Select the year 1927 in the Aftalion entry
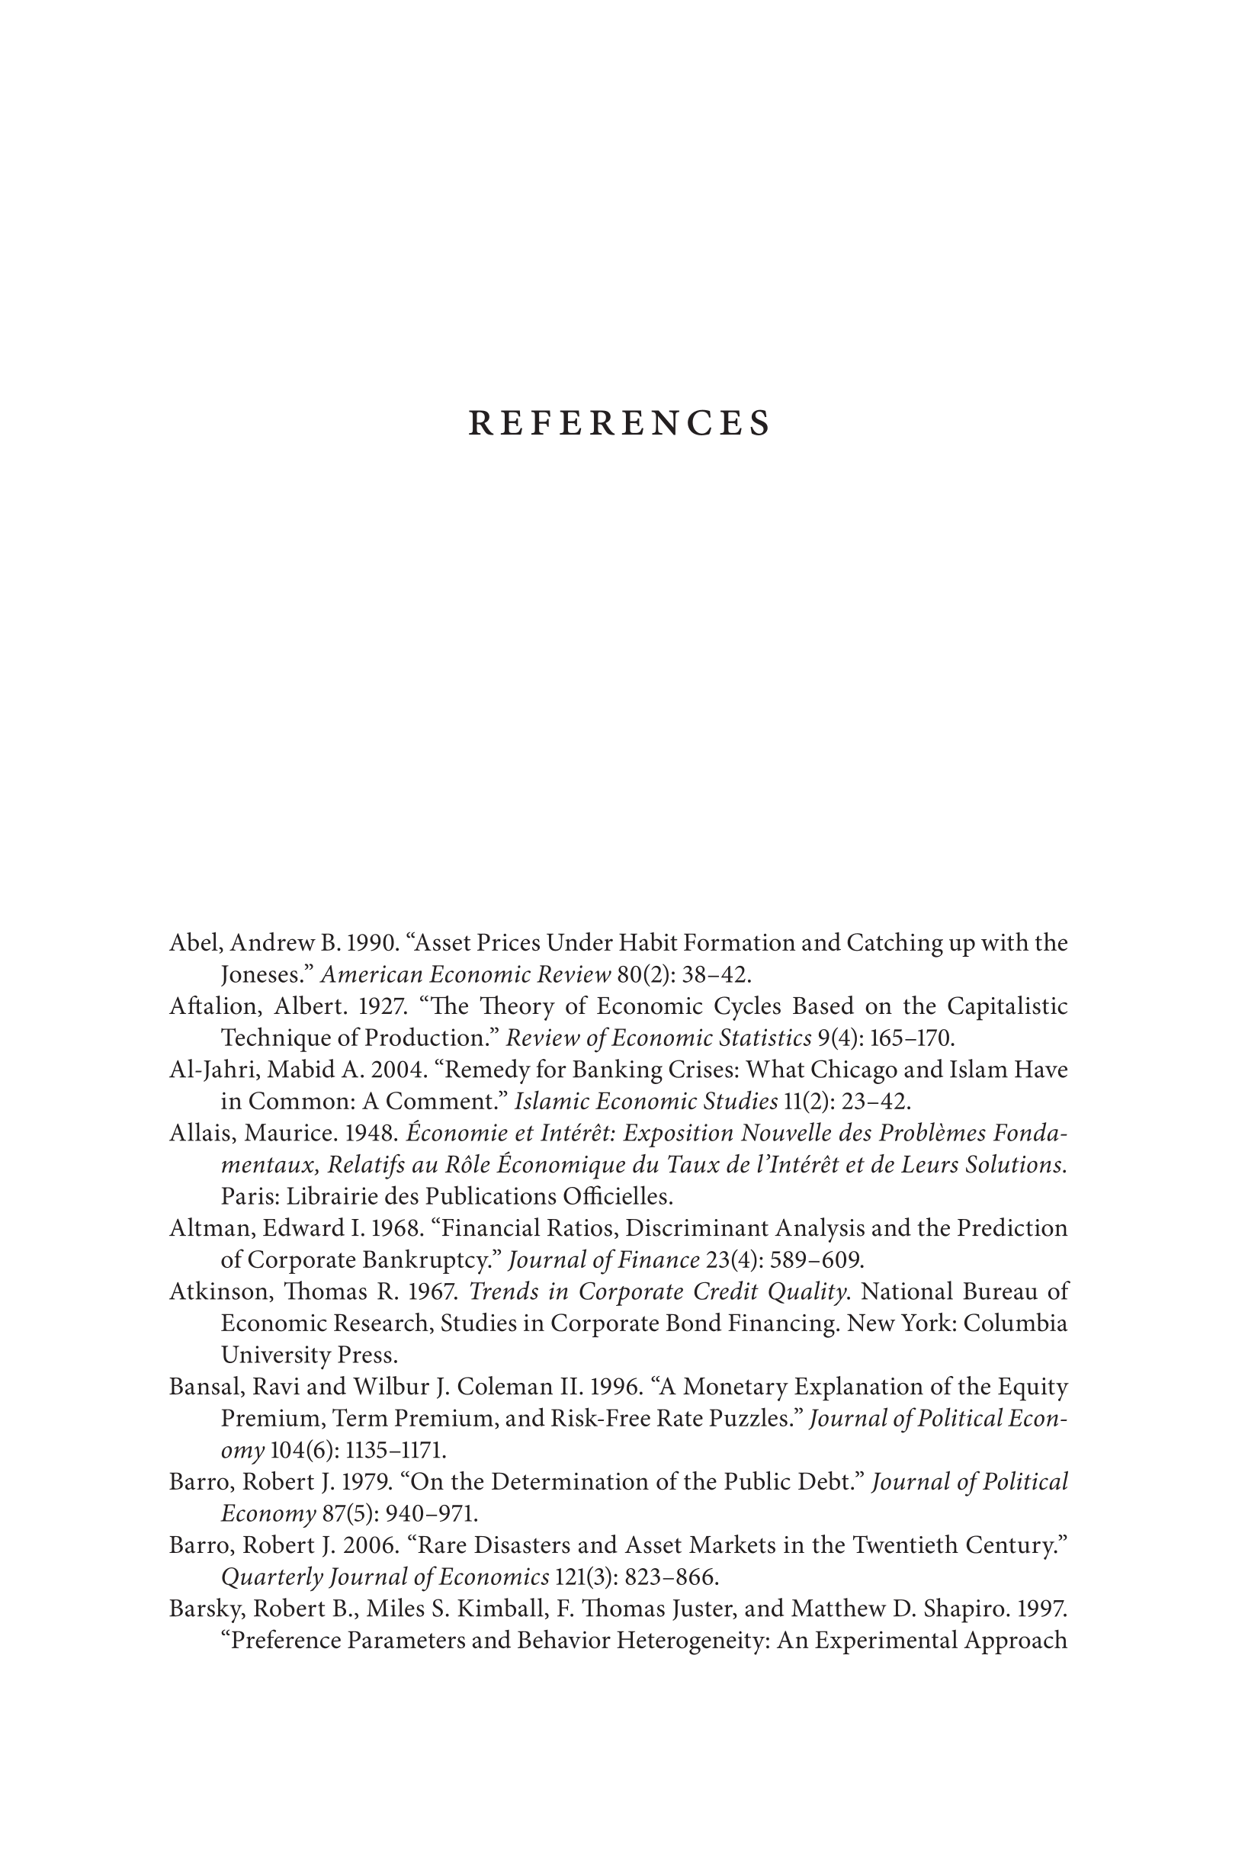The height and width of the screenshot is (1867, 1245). [x=383, y=1006]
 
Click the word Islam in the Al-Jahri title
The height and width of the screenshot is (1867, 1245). [x=978, y=1070]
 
